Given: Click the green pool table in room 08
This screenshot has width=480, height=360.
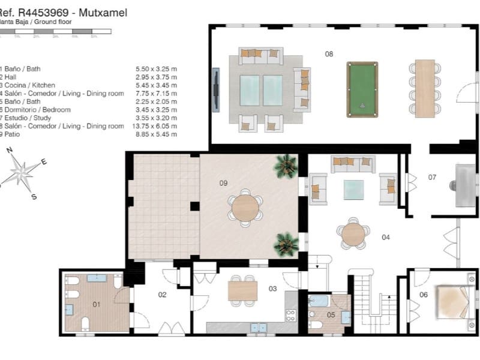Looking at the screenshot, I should (x=362, y=89).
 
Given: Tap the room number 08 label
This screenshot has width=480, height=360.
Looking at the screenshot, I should (x=329, y=54).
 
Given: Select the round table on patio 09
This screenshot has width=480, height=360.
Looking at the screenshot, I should (x=245, y=208).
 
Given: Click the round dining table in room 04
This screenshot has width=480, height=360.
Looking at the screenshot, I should (x=353, y=235).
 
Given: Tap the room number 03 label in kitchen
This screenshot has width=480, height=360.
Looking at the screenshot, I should (x=272, y=289).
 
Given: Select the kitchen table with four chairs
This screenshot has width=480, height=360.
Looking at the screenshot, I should (x=242, y=290).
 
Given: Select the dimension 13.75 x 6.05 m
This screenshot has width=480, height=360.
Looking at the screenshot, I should (x=156, y=127).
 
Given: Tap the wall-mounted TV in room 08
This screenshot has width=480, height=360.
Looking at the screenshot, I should (x=216, y=88).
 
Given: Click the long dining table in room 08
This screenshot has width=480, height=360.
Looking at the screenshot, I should (x=425, y=88).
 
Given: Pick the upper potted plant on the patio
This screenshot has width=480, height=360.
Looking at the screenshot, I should (x=286, y=165).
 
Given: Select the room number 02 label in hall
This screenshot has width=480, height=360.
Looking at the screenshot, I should (x=162, y=295).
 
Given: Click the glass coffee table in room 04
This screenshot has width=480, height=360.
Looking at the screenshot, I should (x=353, y=190).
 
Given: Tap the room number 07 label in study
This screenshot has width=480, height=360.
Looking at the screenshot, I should (x=432, y=178).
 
